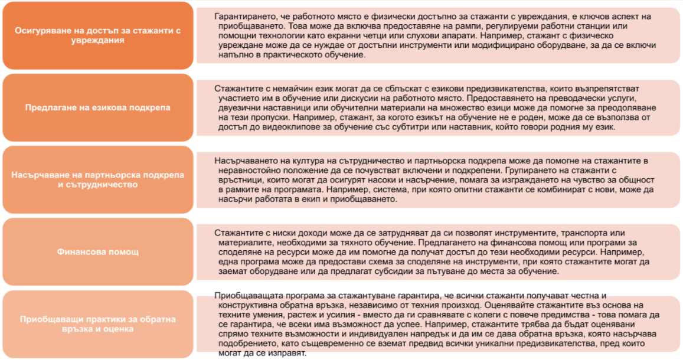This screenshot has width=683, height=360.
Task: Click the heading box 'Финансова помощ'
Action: pyautogui.click(x=98, y=252)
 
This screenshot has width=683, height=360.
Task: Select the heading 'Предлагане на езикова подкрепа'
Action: pyautogui.click(x=98, y=107)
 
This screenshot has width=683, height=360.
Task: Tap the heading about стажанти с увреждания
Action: pyautogui.click(x=98, y=35)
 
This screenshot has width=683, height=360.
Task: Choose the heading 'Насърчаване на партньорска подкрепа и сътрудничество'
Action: pyautogui.click(x=98, y=180)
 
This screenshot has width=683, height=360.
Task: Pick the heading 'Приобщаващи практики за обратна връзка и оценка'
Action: pyautogui.click(x=98, y=324)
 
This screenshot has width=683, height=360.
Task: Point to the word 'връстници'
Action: pyautogui.click(x=240, y=179)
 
